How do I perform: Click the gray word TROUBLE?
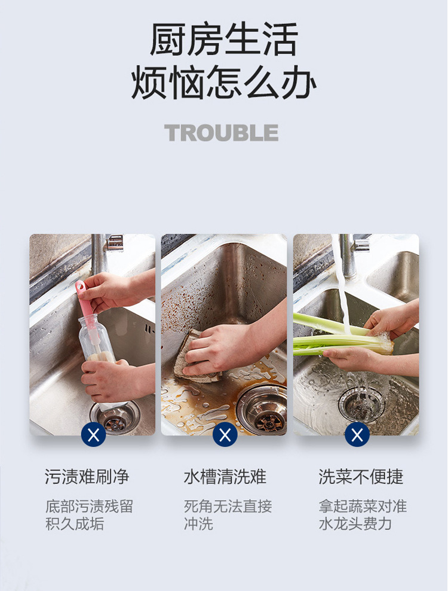coord(222,133)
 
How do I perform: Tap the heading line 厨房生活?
coord(224,39)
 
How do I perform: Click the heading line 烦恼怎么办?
coord(223,82)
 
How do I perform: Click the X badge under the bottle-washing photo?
coord(93,435)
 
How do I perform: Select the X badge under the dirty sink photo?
coord(225,435)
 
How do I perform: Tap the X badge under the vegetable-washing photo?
coord(357,435)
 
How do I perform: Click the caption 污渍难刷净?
coord(87,476)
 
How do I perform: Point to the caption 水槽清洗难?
coord(225,476)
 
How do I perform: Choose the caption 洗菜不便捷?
coord(361,476)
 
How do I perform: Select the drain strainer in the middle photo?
coord(262,409)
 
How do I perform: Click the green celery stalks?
coord(340,336)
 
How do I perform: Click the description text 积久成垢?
coord(75,524)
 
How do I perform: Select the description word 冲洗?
coord(198,524)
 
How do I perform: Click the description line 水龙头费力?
coord(355,524)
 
